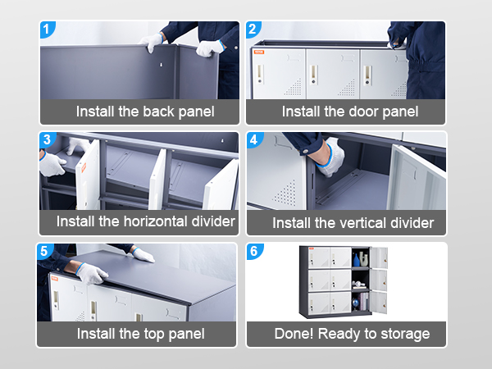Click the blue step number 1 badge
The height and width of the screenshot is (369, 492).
pos(47,30)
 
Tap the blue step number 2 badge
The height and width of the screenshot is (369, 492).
pos(253,30)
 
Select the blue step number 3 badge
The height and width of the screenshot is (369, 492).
pos(47,139)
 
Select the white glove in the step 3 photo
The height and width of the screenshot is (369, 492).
pos(52,164)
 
